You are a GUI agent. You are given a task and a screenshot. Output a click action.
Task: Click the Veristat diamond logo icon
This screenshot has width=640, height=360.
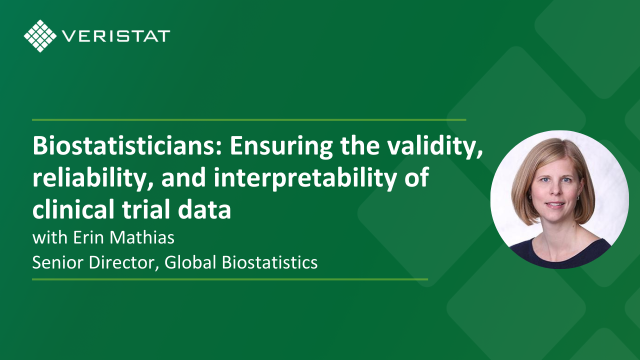tap(40, 36)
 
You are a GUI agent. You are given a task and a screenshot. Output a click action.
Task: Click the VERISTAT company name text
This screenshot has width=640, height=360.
tap(116, 36)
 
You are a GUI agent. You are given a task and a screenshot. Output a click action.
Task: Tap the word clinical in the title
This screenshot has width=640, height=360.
tap(73, 209)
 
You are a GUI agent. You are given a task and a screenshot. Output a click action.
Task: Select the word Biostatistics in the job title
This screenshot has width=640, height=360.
tap(269, 262)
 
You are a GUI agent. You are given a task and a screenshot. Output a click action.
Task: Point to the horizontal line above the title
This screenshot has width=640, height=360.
tap(249, 120)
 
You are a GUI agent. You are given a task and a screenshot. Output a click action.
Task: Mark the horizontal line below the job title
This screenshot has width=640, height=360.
tap(230, 279)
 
